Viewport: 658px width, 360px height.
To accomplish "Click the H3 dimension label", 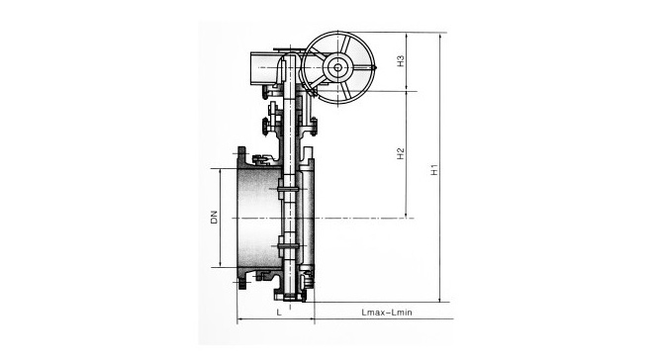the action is point(401,61).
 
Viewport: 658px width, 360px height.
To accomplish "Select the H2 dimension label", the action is point(401,153).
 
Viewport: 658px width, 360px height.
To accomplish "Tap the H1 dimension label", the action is point(434,169).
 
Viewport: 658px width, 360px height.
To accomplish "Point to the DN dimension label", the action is point(215,217).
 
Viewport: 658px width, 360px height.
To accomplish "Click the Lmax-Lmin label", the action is point(387,313).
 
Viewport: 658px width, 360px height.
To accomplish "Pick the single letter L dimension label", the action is point(279,313).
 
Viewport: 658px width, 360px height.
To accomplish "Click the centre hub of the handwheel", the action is point(337,67).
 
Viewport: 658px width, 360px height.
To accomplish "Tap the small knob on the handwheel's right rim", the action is point(374,67).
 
